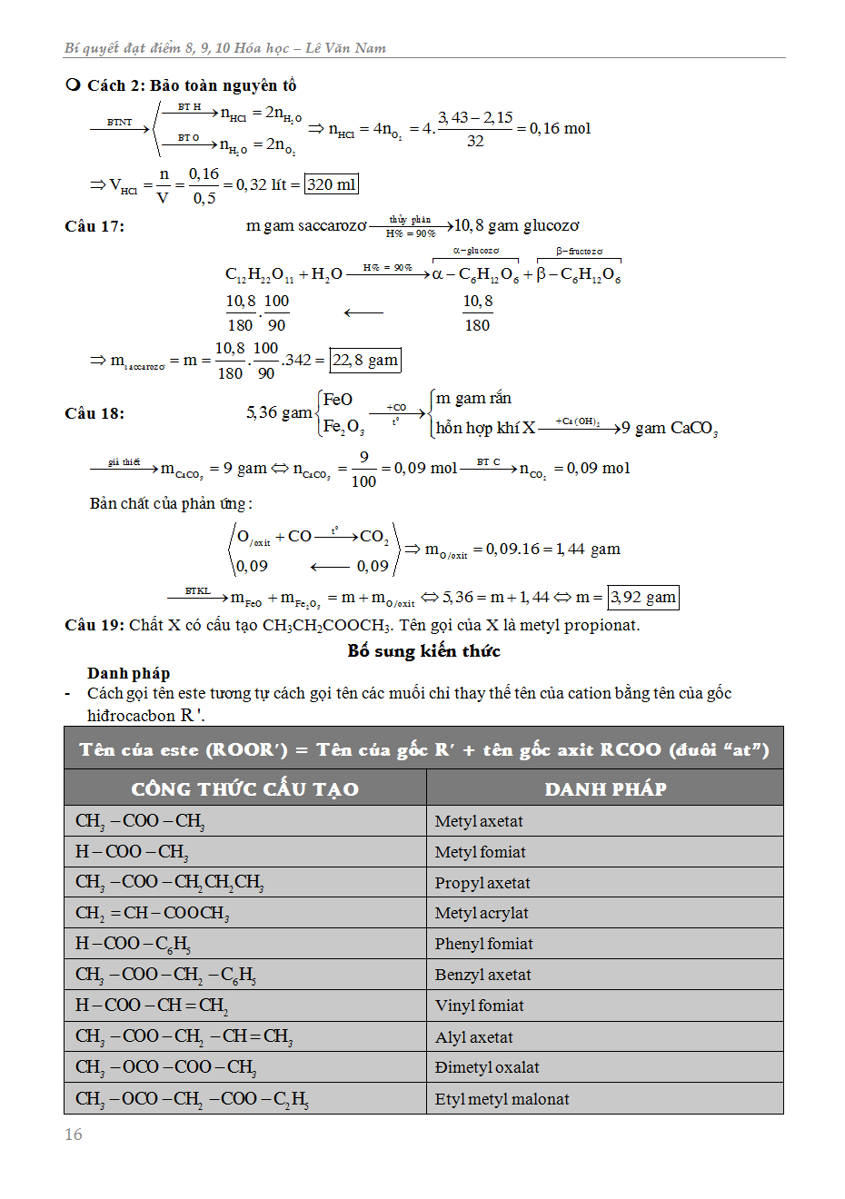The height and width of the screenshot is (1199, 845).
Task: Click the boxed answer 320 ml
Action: click(331, 184)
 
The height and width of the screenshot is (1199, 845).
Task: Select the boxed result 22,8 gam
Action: click(364, 360)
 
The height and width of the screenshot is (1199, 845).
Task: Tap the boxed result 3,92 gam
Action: click(642, 597)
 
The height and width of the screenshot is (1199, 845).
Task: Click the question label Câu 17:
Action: click(94, 226)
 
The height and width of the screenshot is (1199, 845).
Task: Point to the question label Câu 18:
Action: click(94, 413)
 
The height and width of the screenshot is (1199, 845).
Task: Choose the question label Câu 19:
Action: click(94, 625)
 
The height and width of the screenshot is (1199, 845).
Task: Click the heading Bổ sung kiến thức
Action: click(423, 650)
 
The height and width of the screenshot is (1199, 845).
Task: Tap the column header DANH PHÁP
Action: click(605, 788)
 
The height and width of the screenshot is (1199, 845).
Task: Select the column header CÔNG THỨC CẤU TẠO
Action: click(244, 788)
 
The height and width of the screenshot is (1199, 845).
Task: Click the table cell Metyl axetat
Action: click(479, 821)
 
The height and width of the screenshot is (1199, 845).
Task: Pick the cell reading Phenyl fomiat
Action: click(483, 944)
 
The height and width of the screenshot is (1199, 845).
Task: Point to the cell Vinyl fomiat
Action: click(479, 1006)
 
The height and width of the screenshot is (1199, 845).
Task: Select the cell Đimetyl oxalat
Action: click(487, 1067)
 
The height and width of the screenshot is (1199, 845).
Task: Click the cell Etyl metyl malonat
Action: click(502, 1099)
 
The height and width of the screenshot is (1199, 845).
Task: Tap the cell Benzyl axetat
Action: click(482, 975)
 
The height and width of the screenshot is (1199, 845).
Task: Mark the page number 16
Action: click(74, 1135)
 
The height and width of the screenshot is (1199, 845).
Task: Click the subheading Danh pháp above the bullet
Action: click(128, 673)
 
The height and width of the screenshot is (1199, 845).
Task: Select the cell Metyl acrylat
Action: click(482, 913)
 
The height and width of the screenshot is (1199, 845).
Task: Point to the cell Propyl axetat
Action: click(482, 883)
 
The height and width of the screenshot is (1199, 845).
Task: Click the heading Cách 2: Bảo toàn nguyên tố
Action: click(191, 85)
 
